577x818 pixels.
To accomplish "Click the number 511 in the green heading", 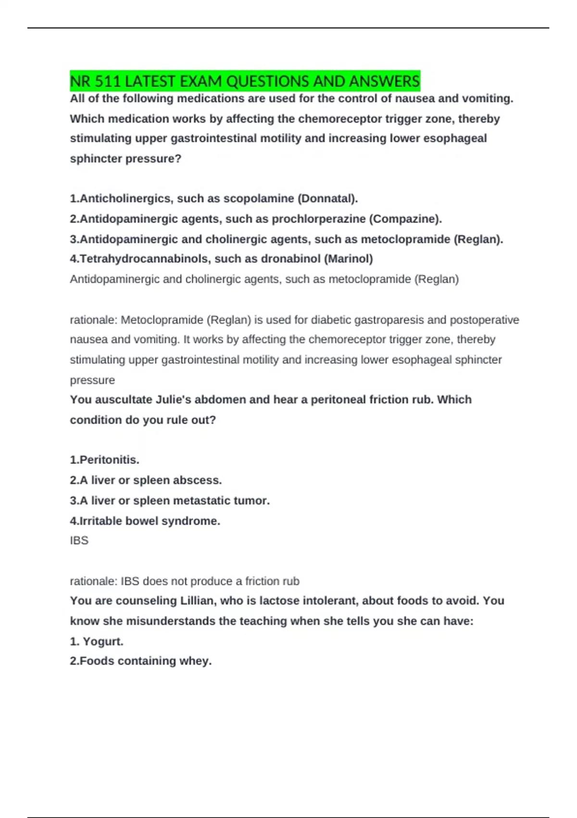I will click(107, 81).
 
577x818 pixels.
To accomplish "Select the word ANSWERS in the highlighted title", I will click(385, 81).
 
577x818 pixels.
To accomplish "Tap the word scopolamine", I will click(259, 199).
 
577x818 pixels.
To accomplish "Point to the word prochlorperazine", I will click(319, 219).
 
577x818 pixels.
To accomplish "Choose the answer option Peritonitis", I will click(109, 460).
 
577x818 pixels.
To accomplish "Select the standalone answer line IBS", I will click(79, 540).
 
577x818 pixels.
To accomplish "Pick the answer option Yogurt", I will click(103, 641).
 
